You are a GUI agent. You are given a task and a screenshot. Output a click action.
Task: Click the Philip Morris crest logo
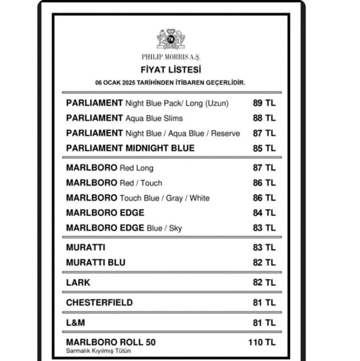pyautogui.click(x=171, y=39)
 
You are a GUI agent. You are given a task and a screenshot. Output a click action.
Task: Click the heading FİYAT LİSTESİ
pyautogui.click(x=171, y=70)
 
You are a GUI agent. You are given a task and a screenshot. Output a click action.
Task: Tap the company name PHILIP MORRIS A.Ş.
pyautogui.click(x=171, y=57)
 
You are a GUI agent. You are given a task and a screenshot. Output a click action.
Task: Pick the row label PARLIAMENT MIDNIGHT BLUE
pyautogui.click(x=130, y=148)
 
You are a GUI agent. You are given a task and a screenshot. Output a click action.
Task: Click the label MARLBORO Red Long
pyautogui.click(x=109, y=168)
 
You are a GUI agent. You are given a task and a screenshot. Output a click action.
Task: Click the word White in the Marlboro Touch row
pyautogui.click(x=200, y=198)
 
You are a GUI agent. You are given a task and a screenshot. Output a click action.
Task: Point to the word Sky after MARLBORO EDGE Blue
pyautogui.click(x=175, y=228)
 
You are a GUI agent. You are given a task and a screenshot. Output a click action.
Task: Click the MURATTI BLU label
pyautogui.click(x=95, y=263)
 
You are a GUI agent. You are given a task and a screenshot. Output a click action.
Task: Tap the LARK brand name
pyautogui.click(x=78, y=282)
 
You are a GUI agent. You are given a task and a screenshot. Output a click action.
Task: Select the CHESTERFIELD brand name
pyautogui.click(x=99, y=302)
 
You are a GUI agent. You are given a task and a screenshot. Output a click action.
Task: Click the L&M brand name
pyautogui.click(x=75, y=322)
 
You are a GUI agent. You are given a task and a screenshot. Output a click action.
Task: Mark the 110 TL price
pyautogui.click(x=262, y=343)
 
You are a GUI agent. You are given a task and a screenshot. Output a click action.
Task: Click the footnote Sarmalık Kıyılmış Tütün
pyautogui.click(x=98, y=351)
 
